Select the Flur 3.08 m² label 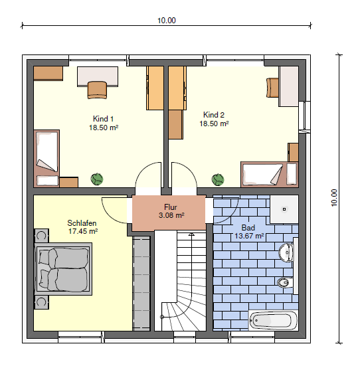coord(171,211)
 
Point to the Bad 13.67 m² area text coord(249,232)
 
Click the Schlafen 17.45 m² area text coord(82,227)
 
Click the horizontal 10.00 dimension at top coord(167,21)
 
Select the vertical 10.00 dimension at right coord(334,198)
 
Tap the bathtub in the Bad coord(274,320)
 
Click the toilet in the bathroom coord(285,282)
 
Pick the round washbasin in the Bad coord(286,252)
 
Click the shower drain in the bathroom coord(284,209)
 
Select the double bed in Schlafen coord(63,269)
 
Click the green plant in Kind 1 coord(97,179)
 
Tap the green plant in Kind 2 coord(218,179)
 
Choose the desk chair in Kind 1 coord(97,90)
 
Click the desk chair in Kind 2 coord(272,88)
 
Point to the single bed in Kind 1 coord(46,151)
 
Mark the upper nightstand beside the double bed coord(42,236)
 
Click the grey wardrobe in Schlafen coord(141,284)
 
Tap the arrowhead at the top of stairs coord(191,234)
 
